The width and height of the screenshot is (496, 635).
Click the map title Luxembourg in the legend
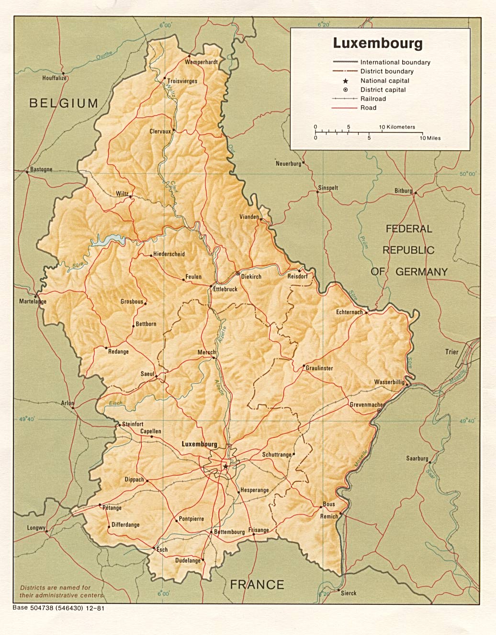[x=378, y=43]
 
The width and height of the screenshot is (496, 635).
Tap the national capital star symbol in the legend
[x=345, y=81]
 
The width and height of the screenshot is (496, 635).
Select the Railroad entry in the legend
[x=373, y=99]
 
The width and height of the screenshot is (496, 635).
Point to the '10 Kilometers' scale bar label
[x=397, y=127]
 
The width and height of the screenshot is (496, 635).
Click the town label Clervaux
[x=160, y=131]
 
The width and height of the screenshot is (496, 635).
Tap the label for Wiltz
[x=122, y=194]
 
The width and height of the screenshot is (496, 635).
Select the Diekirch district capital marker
[x=238, y=273]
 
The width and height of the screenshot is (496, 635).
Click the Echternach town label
[x=349, y=312]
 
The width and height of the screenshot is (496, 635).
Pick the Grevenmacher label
[x=366, y=404]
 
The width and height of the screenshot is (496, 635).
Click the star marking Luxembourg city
[x=225, y=466]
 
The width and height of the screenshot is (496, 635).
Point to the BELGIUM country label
[x=64, y=103]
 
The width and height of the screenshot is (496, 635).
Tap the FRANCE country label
[x=257, y=584]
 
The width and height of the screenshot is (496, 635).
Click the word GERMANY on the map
[x=421, y=271]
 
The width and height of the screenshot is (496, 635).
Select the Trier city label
[x=451, y=352]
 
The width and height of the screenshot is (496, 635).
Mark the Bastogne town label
[x=41, y=169]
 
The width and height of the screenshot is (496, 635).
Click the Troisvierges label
[x=182, y=81]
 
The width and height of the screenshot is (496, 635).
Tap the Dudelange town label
[x=188, y=560]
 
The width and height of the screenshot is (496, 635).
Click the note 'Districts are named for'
[x=55, y=588]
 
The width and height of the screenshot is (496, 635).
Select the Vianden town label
[x=249, y=217]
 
